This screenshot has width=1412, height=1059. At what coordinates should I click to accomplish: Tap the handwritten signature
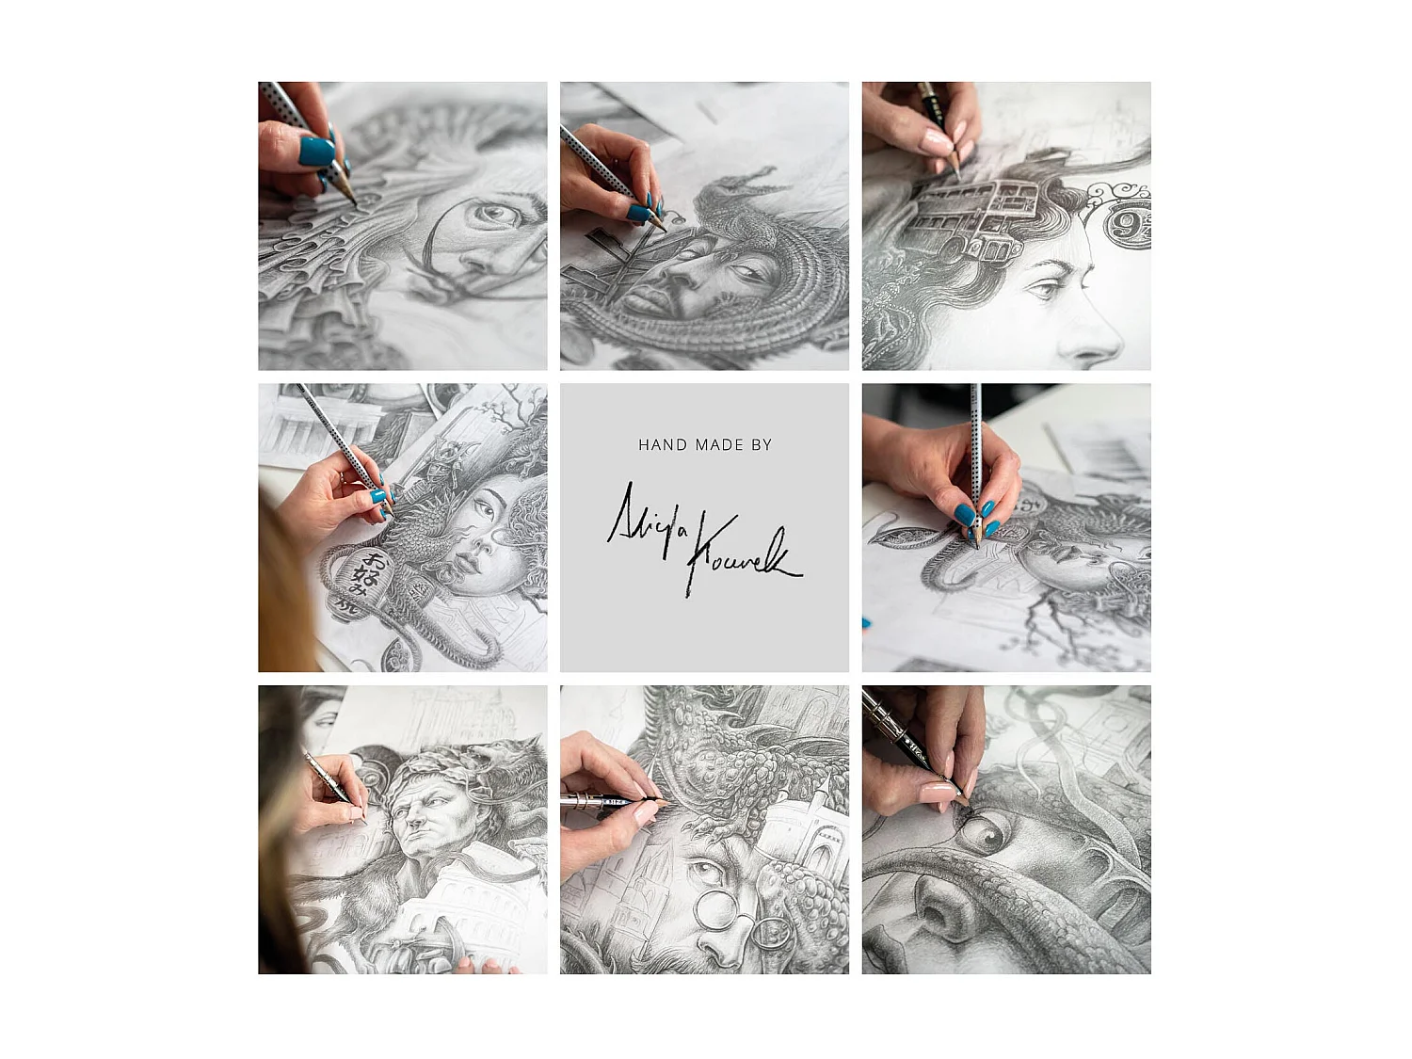[704, 538]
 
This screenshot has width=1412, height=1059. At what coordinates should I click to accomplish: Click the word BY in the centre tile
[762, 445]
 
